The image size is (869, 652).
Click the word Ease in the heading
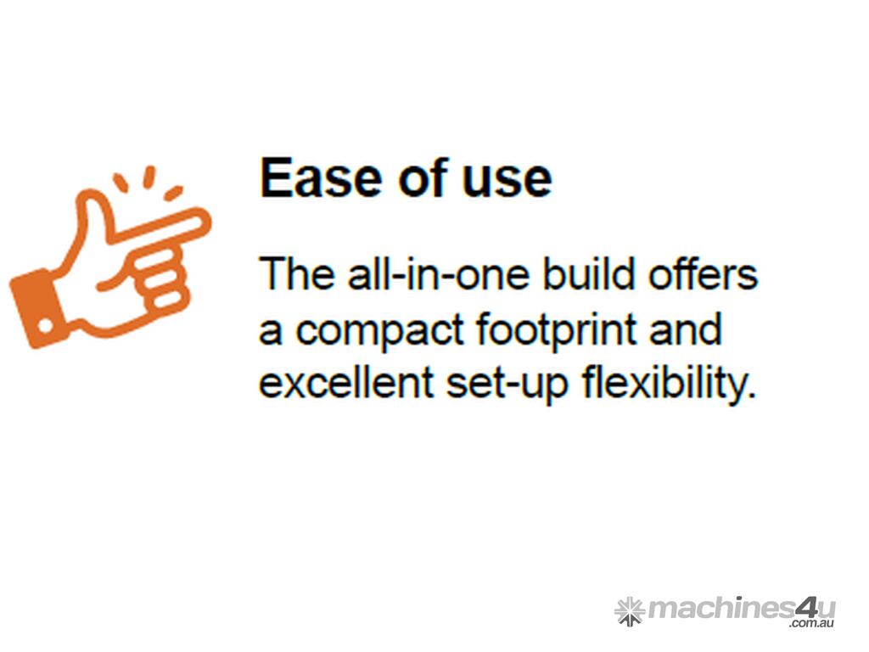pos(322,177)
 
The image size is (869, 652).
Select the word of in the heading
pos(424,177)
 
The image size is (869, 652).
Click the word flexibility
pos(669,384)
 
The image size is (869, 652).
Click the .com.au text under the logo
pos(812,624)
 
